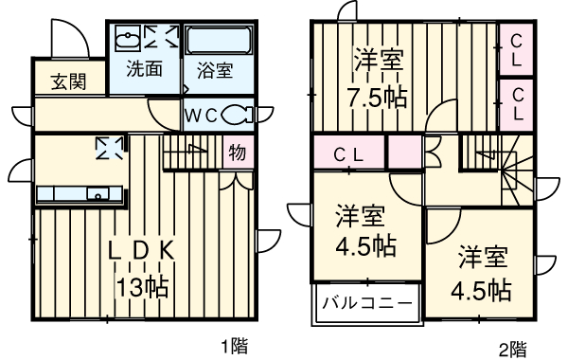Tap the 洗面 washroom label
click(x=145, y=69)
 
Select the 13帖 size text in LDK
click(x=143, y=284)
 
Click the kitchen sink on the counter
click(x=96, y=194)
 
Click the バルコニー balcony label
click(x=366, y=305)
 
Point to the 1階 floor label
click(x=235, y=346)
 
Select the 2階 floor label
click(x=512, y=348)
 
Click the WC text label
click(x=204, y=115)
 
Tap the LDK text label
click(x=142, y=253)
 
